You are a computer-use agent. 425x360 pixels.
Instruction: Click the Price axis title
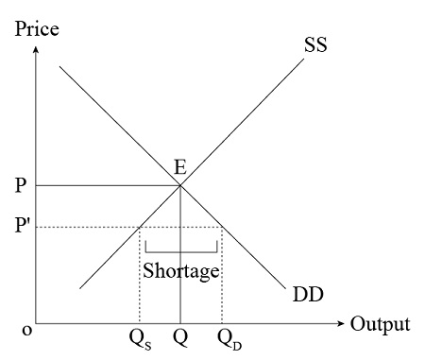point(37,28)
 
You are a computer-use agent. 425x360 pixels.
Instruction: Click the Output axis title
point(381,324)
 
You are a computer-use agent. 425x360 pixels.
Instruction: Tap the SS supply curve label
point(315,44)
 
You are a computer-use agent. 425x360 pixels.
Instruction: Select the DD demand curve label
point(307,295)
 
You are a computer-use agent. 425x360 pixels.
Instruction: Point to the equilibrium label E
point(179,167)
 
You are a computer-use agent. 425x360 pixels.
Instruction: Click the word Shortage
point(181,270)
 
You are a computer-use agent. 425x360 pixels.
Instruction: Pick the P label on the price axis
point(21,185)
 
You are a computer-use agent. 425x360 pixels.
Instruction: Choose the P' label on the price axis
point(23,227)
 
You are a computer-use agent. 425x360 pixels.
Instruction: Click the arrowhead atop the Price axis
point(35,48)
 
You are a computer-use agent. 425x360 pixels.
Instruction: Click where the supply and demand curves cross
point(180,185)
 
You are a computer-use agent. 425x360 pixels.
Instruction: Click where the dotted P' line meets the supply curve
point(140,227)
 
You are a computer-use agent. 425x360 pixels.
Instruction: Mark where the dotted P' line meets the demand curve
point(222,227)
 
